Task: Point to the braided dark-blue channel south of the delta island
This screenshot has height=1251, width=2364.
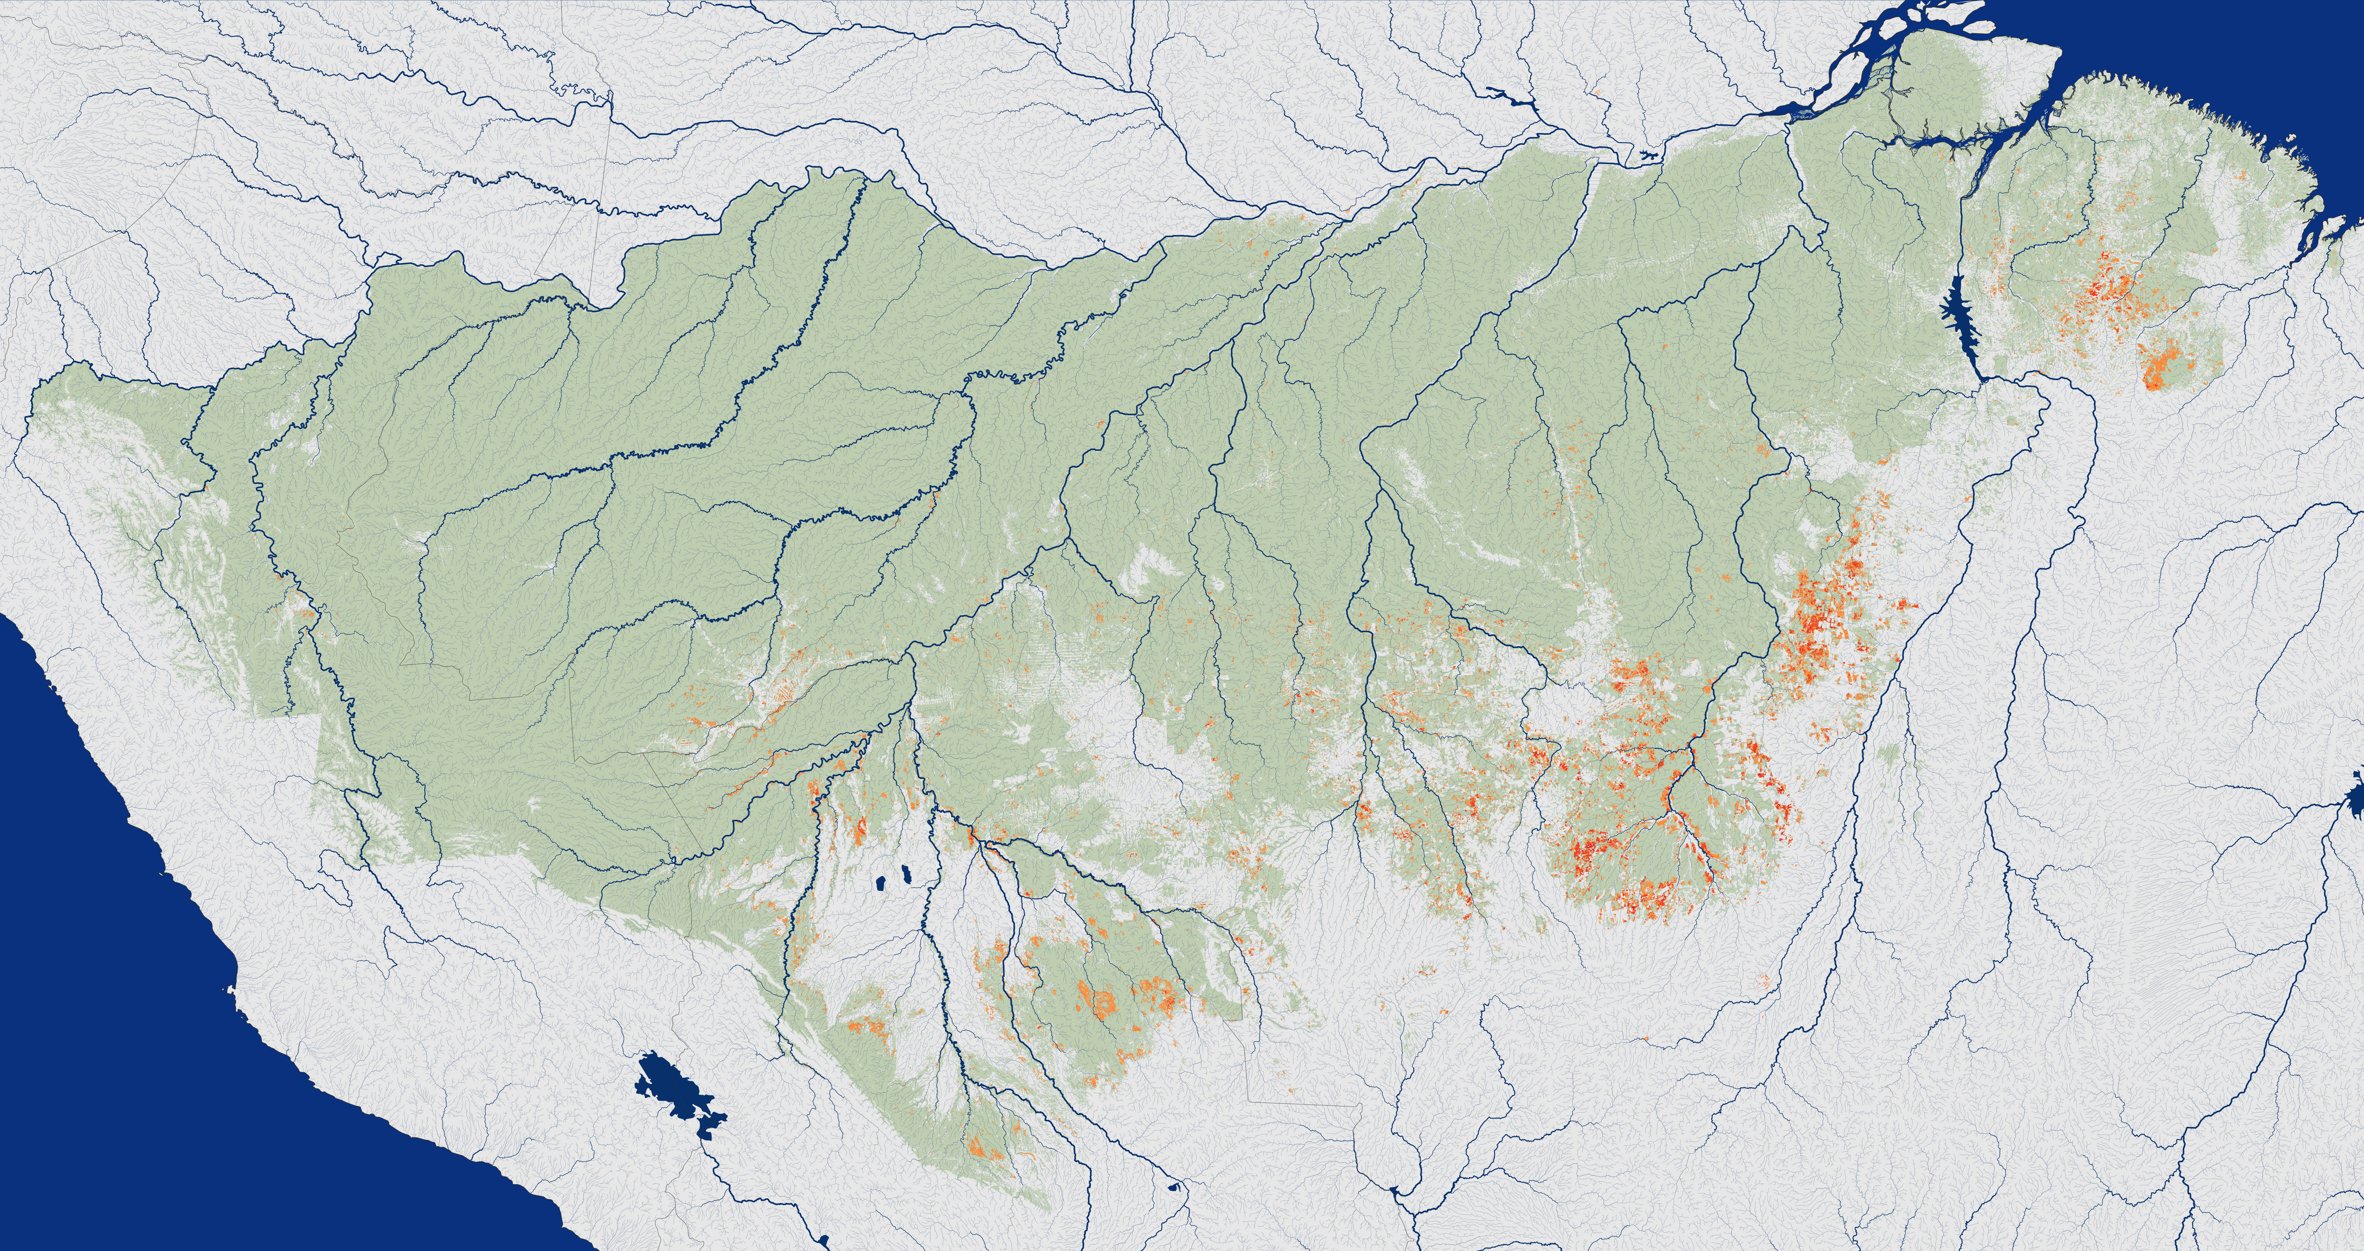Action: click(x=1973, y=147)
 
